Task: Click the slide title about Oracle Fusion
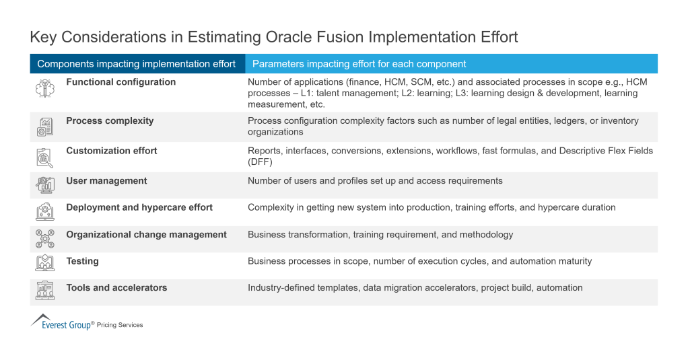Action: tap(274, 37)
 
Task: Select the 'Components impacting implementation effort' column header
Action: tap(137, 64)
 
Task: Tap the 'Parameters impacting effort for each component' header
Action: tap(359, 64)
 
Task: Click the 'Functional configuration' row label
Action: tap(121, 82)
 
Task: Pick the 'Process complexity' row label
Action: tap(110, 121)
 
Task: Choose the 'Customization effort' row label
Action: tap(111, 151)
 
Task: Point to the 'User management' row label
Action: tap(106, 181)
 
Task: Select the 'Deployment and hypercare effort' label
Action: tap(139, 207)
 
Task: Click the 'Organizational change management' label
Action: tap(146, 235)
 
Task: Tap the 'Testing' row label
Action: tap(82, 261)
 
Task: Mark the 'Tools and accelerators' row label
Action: tap(116, 288)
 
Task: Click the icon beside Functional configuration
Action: tap(45, 88)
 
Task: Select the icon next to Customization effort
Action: tap(45, 157)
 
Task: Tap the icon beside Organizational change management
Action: tap(45, 239)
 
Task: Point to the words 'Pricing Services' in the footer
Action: tap(120, 325)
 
